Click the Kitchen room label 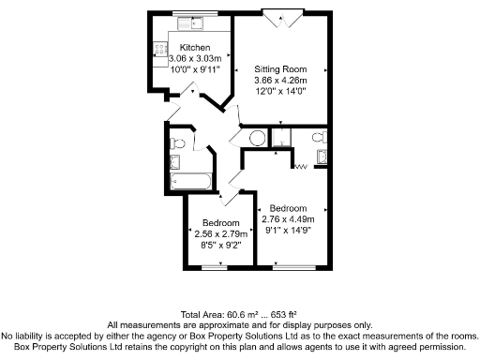(195, 48)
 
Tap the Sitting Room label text (280, 69)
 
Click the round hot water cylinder (257, 139)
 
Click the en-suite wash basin (322, 156)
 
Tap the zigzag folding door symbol (303, 168)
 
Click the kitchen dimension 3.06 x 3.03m (195, 59)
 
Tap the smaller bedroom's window (217, 267)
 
